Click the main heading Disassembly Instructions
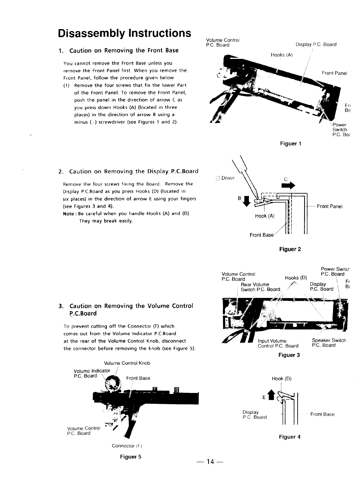click(x=124, y=33)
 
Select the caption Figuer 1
click(x=291, y=144)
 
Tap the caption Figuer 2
click(x=290, y=249)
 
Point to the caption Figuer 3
click(x=289, y=355)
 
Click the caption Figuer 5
click(x=131, y=457)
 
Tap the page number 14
click(x=210, y=462)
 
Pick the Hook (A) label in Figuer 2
click(x=265, y=216)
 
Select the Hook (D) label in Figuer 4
click(x=281, y=379)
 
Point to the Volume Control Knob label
click(x=127, y=363)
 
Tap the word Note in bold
click(x=69, y=213)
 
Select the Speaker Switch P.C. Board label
click(x=329, y=343)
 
